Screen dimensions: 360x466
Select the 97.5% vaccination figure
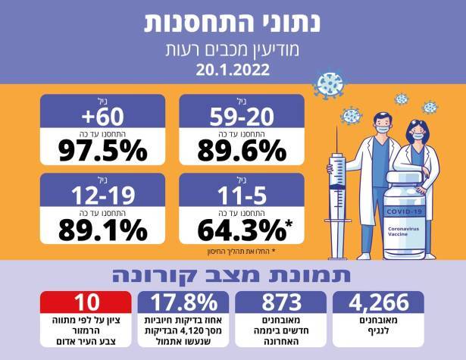coord(103,150)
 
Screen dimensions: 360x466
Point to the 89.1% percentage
coord(103,227)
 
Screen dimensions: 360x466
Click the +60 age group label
coord(103,115)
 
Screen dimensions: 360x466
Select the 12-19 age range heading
coord(103,194)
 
